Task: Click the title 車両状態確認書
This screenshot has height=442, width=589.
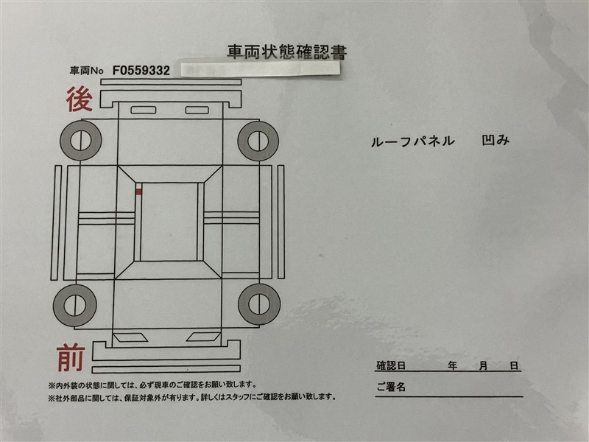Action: click(x=287, y=52)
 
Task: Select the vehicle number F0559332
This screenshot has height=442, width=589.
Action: click(x=142, y=71)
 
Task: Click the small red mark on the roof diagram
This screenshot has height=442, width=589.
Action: click(x=138, y=192)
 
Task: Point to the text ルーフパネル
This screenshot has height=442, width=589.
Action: click(x=413, y=141)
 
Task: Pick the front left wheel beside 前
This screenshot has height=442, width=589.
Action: click(x=76, y=303)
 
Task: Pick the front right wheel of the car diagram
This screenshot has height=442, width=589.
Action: click(x=258, y=303)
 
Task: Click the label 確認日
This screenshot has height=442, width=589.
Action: click(x=392, y=365)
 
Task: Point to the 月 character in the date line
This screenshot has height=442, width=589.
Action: click(x=483, y=365)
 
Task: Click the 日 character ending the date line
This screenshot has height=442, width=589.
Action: click(x=514, y=365)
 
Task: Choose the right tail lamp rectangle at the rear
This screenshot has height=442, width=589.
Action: click(x=197, y=110)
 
